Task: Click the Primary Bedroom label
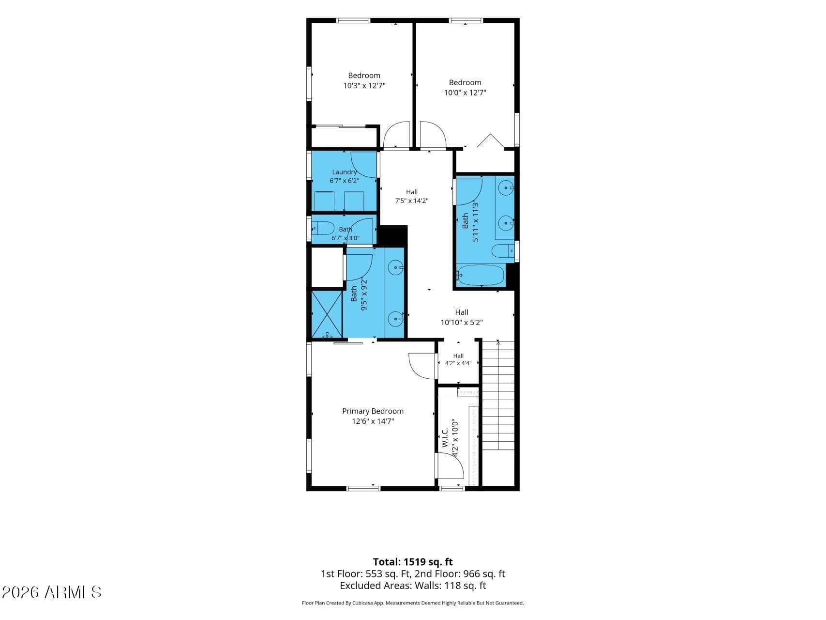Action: click(373, 411)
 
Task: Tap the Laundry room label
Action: click(345, 172)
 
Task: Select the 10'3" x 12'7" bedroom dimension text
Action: click(364, 86)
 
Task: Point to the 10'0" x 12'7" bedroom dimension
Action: click(465, 93)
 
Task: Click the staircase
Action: click(498, 395)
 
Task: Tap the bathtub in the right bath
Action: click(481, 275)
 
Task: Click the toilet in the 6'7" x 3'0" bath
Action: click(322, 228)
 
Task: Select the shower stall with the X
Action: click(327, 314)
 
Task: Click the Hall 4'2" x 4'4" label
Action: click(458, 359)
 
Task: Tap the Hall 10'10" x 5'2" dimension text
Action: click(462, 323)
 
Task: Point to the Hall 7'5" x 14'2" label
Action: click(412, 196)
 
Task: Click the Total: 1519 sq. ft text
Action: click(413, 562)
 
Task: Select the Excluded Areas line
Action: click(413, 586)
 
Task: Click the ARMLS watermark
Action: click(52, 592)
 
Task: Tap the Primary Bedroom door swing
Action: click(422, 366)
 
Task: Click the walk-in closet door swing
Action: click(451, 465)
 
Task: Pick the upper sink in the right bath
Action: click(506, 187)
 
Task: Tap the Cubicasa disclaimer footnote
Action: click(413, 603)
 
